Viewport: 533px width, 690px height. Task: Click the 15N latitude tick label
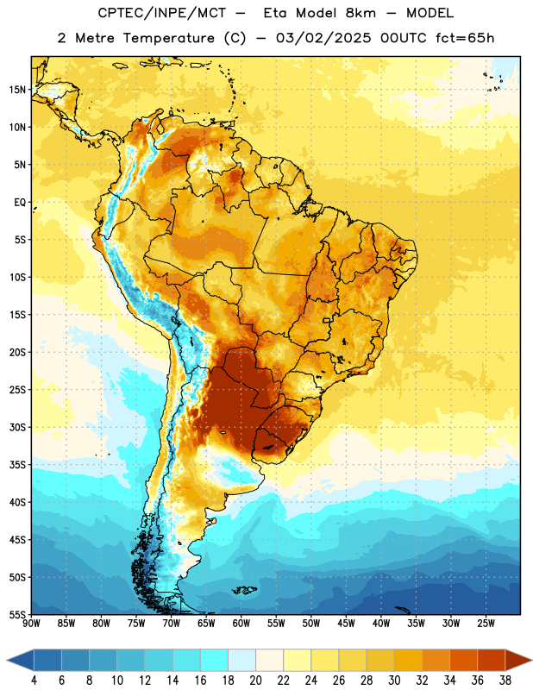click(17, 90)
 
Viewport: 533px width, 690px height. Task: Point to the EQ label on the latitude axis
click(20, 203)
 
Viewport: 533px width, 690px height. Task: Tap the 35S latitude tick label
click(17, 465)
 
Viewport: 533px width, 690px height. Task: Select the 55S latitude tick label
click(17, 614)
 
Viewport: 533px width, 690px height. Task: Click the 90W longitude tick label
click(31, 624)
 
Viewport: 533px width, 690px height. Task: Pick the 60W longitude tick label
click(241, 624)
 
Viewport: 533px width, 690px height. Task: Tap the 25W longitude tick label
click(486, 624)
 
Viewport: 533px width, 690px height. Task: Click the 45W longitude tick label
click(346, 624)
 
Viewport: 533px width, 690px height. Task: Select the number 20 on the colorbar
click(255, 681)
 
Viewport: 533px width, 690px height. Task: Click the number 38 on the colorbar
click(505, 681)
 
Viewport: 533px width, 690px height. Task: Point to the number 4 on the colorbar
click(34, 681)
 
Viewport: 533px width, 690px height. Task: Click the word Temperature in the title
click(168, 38)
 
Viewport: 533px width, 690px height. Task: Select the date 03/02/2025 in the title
click(323, 38)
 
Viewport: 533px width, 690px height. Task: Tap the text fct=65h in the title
click(465, 38)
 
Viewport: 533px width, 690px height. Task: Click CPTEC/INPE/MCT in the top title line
click(162, 13)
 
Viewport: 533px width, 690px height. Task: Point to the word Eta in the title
click(275, 13)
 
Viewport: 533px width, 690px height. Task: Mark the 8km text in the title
click(361, 13)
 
